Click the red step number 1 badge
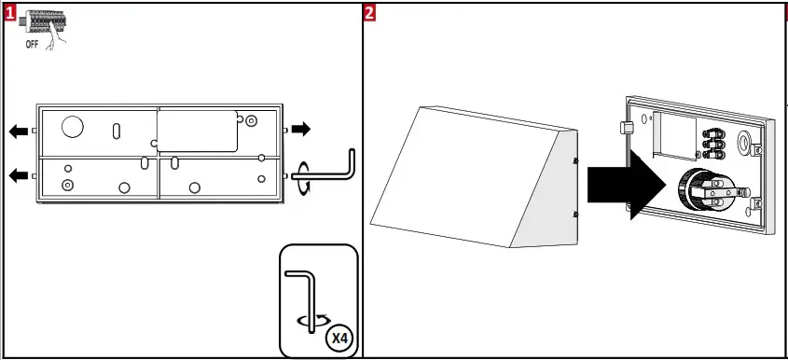tap(10, 12)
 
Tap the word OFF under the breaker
tap(32, 43)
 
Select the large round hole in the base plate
tap(71, 126)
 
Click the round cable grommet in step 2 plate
tap(745, 143)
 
